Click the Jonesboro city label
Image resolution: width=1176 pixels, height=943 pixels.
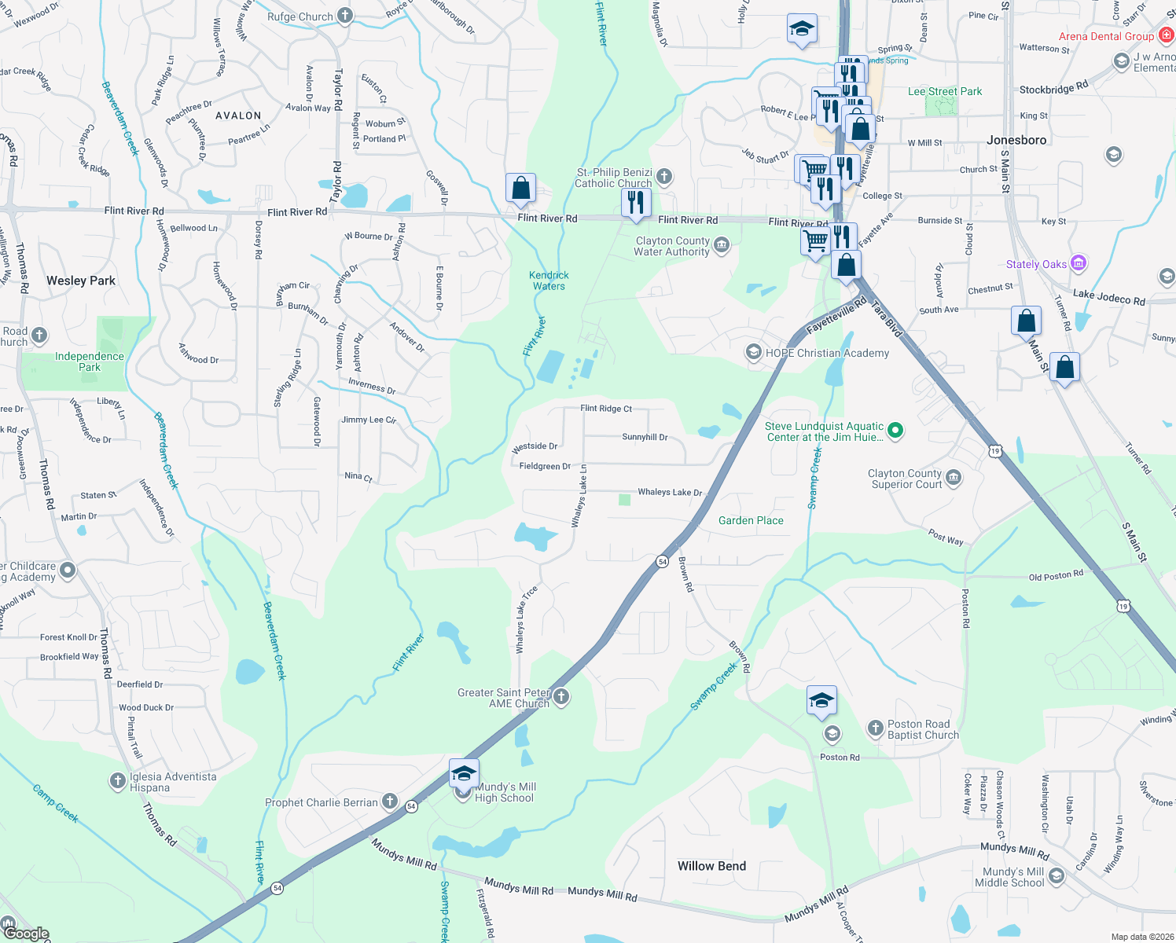[x=1016, y=140]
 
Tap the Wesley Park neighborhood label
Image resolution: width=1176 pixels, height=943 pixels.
[x=81, y=281]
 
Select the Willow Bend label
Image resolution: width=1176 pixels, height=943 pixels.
[x=711, y=866]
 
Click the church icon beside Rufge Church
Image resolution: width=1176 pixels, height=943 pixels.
[x=344, y=16]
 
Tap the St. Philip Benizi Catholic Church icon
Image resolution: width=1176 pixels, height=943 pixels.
[x=664, y=176]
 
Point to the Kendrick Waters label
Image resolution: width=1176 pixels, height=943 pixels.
[x=549, y=281]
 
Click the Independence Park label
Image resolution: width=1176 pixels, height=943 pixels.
[x=90, y=361]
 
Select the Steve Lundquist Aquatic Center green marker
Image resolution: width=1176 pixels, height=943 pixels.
[x=895, y=430]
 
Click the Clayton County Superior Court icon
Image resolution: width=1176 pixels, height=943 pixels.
[x=954, y=478]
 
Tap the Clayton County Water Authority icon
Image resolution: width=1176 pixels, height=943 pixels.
[x=721, y=246]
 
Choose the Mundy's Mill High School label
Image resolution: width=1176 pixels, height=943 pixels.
[x=505, y=792]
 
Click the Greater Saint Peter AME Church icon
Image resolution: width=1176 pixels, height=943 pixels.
[x=560, y=696]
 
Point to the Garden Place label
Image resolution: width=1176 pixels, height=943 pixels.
[x=751, y=520]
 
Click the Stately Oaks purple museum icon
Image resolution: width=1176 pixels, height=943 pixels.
[x=1079, y=263]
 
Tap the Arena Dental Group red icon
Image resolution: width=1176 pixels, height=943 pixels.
[x=1166, y=36]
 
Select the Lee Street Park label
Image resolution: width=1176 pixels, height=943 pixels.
[x=945, y=91]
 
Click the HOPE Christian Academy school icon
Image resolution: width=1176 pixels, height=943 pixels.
[x=754, y=352]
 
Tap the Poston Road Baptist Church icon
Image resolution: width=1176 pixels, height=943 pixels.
[x=875, y=728]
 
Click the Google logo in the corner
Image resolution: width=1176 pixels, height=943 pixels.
[x=26, y=933]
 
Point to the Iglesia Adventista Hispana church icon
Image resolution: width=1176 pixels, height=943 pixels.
[x=117, y=780]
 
